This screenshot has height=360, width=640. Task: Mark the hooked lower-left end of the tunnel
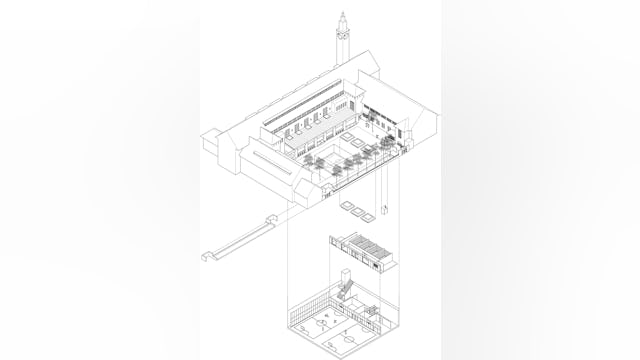209,255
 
